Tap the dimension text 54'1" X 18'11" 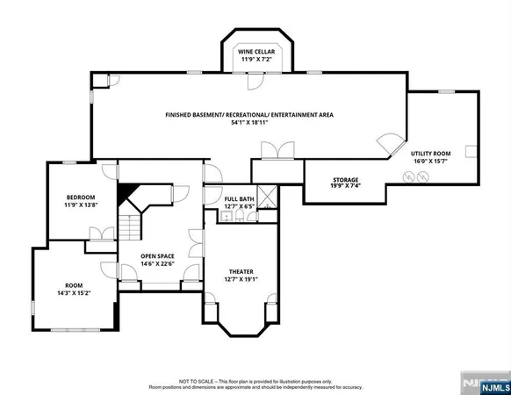(x=250, y=123)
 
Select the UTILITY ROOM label (x=429, y=154)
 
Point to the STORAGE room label (x=344, y=180)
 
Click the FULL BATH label (x=239, y=199)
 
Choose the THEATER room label (x=241, y=271)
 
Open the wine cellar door (x=255, y=81)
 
